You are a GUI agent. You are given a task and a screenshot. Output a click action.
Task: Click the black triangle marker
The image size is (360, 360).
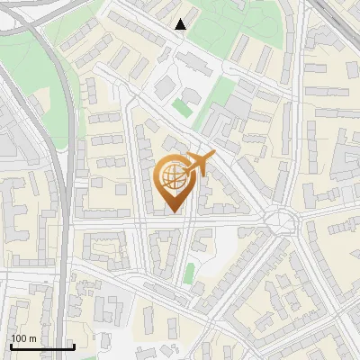click(x=181, y=24)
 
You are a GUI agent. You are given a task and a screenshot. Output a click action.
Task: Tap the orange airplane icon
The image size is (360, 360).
click(x=199, y=165)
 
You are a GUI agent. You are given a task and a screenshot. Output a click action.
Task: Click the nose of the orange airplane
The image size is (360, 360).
click(x=214, y=154)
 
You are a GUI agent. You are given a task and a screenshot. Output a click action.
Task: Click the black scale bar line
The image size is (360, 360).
click(x=42, y=346)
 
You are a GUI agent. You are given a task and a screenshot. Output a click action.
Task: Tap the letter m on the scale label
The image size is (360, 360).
click(x=33, y=338)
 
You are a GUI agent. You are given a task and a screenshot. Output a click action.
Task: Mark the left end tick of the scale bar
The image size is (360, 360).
click(x=11, y=346)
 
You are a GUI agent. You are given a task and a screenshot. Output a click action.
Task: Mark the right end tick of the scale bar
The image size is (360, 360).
click(x=74, y=346)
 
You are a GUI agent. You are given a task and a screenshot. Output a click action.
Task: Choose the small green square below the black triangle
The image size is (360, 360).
click(x=182, y=107)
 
